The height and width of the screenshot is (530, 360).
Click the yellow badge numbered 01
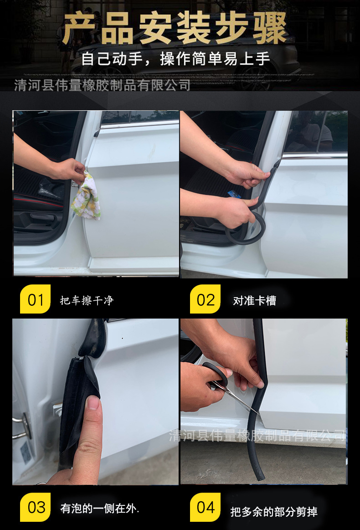point(35,299)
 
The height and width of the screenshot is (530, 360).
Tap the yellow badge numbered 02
point(205,299)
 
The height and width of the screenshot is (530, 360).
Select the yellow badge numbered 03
point(35,507)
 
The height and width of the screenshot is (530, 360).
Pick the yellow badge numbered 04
point(205,507)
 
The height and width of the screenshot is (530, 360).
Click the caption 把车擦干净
point(87,300)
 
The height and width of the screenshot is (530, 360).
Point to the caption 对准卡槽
point(255,300)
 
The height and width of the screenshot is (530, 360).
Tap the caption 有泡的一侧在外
point(100,508)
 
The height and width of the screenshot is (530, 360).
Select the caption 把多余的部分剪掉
point(274,511)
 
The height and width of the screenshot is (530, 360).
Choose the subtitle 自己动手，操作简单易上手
point(175,59)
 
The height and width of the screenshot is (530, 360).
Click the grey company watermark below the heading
point(102,85)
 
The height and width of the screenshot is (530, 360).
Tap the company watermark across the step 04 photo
point(257,436)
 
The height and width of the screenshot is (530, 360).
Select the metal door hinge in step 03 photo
point(21,426)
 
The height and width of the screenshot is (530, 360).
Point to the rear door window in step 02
point(314,132)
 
